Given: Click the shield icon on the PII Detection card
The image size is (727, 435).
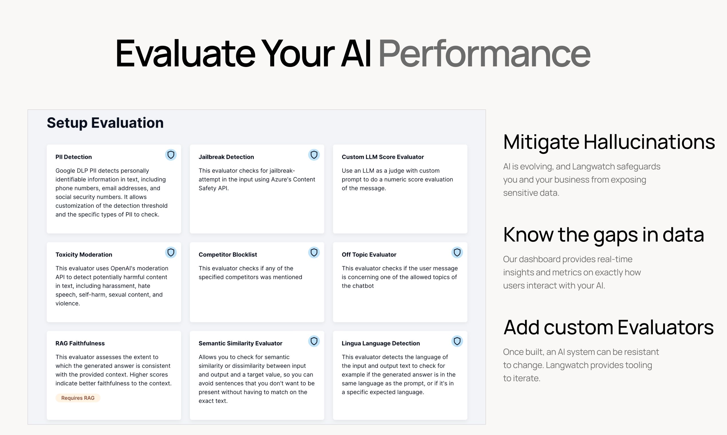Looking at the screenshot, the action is click(x=171, y=155).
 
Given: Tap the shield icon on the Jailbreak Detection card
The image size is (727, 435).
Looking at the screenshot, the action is click(x=314, y=155).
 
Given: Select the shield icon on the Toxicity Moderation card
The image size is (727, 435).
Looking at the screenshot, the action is click(x=171, y=252).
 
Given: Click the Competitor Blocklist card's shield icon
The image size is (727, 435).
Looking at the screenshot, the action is click(x=314, y=252).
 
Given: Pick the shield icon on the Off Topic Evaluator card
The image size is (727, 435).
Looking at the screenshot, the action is click(x=457, y=252).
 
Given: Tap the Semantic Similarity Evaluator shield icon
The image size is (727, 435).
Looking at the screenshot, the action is click(x=314, y=341).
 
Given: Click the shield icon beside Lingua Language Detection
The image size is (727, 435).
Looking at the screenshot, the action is click(x=457, y=341).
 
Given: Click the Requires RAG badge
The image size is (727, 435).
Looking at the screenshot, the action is click(x=78, y=398).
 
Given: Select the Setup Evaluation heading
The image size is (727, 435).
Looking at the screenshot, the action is click(x=105, y=123).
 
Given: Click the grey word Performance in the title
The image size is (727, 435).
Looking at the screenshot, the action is click(x=484, y=54).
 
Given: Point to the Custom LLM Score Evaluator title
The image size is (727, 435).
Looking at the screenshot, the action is click(x=383, y=157).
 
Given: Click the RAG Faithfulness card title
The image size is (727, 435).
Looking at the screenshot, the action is click(x=80, y=343).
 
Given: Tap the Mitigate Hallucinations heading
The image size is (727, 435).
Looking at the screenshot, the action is click(x=609, y=142).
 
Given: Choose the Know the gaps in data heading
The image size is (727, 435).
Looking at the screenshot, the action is click(x=604, y=235).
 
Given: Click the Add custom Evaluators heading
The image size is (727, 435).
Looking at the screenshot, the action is click(x=609, y=327).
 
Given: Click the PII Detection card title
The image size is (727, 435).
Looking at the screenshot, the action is click(x=74, y=157).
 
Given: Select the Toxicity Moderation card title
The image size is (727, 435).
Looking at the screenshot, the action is click(x=84, y=254).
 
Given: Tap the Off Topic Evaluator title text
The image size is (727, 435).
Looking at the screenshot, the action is click(x=369, y=254).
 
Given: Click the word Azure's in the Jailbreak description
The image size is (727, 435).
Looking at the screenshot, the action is click(x=282, y=179).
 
